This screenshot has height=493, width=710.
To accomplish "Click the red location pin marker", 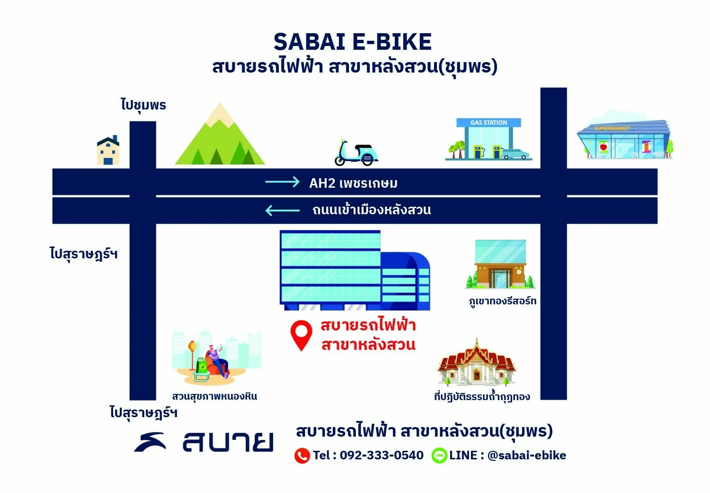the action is pos(301,335).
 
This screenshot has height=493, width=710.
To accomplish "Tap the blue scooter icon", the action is pos(356,153).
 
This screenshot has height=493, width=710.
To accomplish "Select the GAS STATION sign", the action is pos(488,122).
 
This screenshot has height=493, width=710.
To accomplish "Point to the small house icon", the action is pos(108,150).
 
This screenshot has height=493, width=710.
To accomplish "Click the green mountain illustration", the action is pos(220,134).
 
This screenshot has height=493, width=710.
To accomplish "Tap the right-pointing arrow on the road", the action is pos(282,182).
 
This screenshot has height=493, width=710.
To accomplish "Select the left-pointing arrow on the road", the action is pos(282,210).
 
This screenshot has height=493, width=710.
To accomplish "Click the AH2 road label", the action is pos(354,183).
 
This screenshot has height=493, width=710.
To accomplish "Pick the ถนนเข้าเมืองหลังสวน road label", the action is pos(372,210).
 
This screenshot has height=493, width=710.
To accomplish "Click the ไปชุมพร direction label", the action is pos(143,105).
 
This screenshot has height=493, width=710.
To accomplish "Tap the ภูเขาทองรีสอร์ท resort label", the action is pos(503,301).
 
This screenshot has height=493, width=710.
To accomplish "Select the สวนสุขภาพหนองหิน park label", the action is pos(214,396).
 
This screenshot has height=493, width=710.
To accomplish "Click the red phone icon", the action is pos(302,456).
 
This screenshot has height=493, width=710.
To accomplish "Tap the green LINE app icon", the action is pos(439,456).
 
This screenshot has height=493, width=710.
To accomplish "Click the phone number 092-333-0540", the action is pos(382,455).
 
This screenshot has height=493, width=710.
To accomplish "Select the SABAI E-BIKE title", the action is pos(353,42).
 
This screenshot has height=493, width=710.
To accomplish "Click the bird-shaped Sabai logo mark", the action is pos(150,442).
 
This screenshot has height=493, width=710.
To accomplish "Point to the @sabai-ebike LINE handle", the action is pos(526,455).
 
